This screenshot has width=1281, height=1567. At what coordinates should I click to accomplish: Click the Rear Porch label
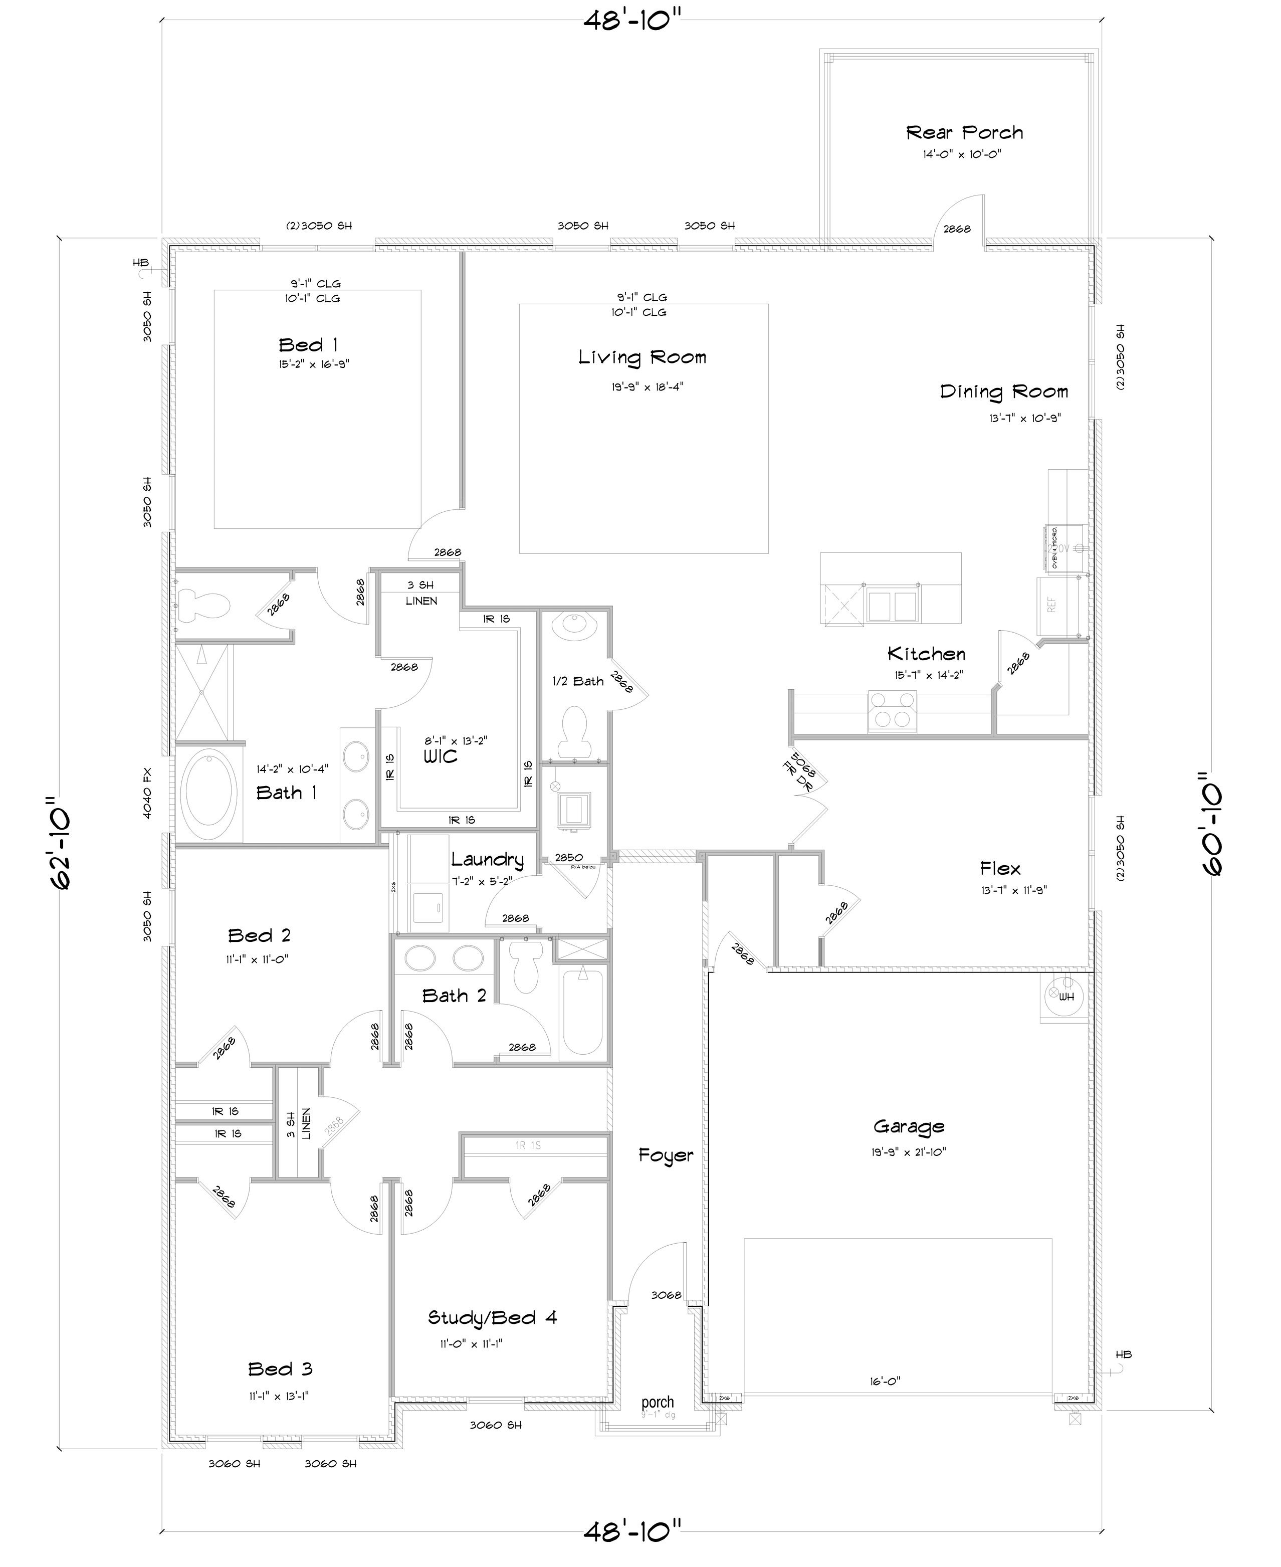click(964, 133)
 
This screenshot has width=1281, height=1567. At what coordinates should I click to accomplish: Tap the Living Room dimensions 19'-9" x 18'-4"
click(647, 386)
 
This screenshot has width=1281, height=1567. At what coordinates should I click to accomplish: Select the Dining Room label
click(1003, 392)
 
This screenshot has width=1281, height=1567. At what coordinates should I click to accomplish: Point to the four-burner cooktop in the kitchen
click(892, 711)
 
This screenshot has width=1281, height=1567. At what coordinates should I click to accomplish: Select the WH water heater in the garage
click(1064, 997)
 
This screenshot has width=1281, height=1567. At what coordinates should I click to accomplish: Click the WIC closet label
click(440, 756)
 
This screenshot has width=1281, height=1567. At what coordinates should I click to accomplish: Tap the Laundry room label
click(487, 859)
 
